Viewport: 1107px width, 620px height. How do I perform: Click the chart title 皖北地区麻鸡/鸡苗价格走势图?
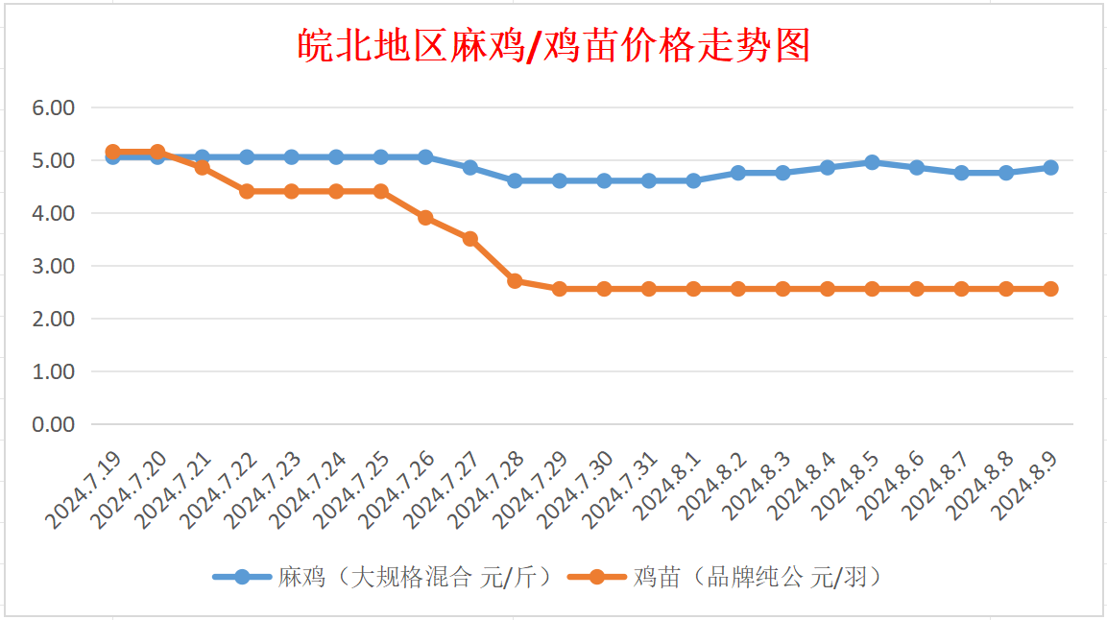[554, 45]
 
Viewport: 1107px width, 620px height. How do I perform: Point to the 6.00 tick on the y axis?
[54, 108]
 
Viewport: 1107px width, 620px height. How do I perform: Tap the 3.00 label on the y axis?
[54, 266]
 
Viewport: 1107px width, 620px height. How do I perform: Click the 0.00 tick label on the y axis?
[54, 424]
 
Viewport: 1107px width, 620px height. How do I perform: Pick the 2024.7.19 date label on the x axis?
[84, 490]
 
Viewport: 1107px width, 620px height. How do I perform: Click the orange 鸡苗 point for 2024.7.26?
[425, 218]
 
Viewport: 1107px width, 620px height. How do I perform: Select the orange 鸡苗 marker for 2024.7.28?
[515, 281]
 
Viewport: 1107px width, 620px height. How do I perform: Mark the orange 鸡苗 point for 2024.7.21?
[202, 167]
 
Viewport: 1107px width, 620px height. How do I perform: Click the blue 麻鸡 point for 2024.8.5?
[872, 162]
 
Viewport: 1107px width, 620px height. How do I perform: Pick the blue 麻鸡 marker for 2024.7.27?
[470, 167]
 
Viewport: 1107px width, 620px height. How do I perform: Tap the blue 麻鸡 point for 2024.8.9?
[1050, 167]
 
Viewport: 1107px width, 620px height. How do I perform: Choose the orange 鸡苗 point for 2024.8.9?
[1050, 289]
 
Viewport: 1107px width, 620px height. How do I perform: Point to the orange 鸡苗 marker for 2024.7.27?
[470, 239]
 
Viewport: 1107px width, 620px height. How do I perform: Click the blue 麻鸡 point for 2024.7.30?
[604, 180]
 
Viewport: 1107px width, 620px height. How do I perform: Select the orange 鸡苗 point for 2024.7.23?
[291, 191]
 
